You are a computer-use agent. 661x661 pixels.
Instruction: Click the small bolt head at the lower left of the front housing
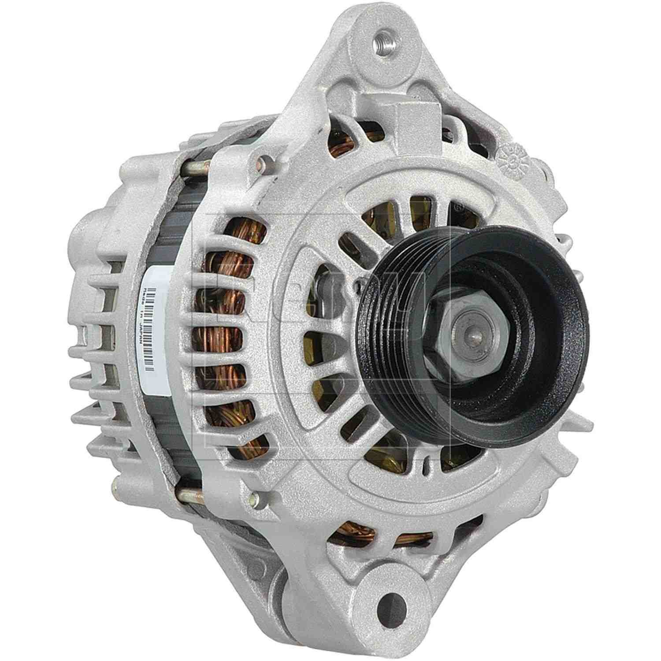(252, 500)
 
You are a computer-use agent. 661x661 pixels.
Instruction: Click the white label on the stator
(156, 326)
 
